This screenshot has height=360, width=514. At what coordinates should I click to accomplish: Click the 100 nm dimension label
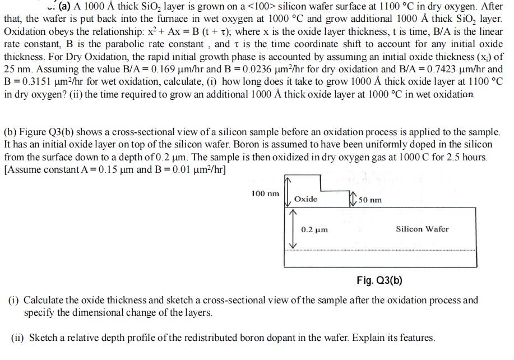265,194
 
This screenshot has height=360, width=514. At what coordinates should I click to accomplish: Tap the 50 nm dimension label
371,200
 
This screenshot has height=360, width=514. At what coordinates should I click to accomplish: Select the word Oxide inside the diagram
305,199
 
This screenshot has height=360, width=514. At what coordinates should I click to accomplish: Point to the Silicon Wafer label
422,229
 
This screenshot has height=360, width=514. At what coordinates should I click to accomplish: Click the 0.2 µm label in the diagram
314,230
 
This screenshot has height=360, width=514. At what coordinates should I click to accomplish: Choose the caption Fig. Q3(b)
379,280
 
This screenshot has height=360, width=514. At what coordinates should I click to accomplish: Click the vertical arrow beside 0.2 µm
291,229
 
